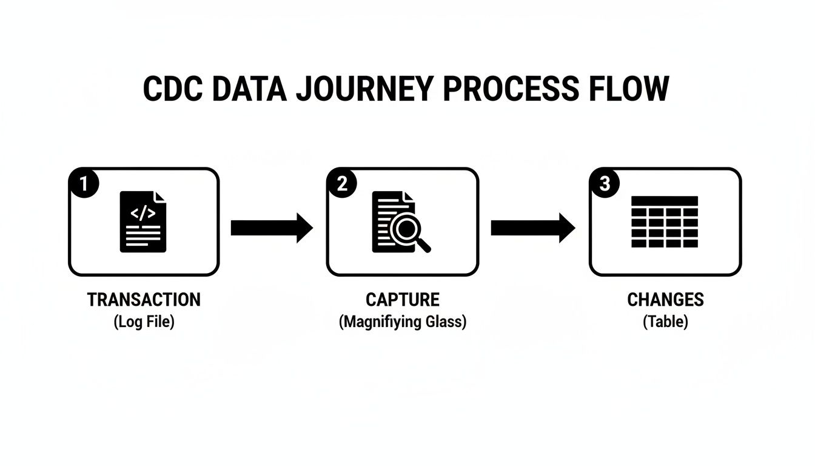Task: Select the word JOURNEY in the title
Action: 364,89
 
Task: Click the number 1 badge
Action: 84,184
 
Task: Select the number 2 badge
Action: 342,184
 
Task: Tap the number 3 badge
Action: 604,184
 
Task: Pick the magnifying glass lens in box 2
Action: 404,229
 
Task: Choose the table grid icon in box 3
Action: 665,221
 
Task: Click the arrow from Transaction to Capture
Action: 272,228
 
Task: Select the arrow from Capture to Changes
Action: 532,228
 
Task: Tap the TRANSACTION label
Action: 144,300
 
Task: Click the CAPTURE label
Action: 403,300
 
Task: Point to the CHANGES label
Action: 665,300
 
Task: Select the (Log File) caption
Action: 144,322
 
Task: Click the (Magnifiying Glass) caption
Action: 403,322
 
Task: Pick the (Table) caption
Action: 665,322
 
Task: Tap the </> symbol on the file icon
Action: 143,212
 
